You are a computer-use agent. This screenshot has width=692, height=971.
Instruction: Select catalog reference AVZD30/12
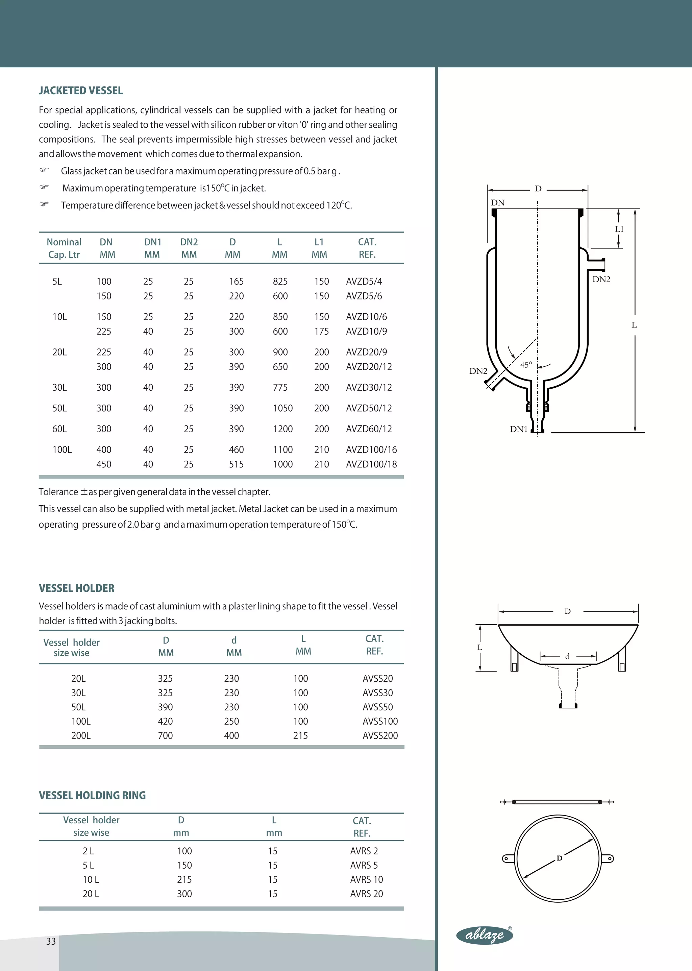coord(369,387)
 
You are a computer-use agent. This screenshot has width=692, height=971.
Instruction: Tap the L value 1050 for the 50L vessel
coord(282,408)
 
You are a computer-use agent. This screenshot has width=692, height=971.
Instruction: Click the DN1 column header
coord(152,248)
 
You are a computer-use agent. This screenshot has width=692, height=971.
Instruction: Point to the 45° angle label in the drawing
coord(526,365)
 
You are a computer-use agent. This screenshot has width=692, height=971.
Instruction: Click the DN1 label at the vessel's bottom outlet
coord(519,429)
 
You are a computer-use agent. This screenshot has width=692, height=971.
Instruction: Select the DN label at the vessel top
coord(497,203)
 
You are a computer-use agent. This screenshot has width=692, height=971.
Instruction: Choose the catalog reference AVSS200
coord(380,735)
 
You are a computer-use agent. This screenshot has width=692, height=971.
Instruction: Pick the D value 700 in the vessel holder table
coord(165,735)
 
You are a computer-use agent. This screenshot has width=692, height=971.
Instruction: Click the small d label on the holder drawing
coord(567,656)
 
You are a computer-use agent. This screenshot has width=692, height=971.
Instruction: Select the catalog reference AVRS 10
coord(367,879)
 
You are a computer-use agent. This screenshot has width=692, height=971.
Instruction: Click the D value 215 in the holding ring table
coord(184,879)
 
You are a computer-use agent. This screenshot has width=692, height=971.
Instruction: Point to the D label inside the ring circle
coord(560,858)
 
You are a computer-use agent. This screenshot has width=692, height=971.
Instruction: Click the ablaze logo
coord(485,935)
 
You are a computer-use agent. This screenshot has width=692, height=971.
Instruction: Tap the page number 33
coord(51,941)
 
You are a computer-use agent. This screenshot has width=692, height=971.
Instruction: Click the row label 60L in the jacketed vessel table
coord(59,429)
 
